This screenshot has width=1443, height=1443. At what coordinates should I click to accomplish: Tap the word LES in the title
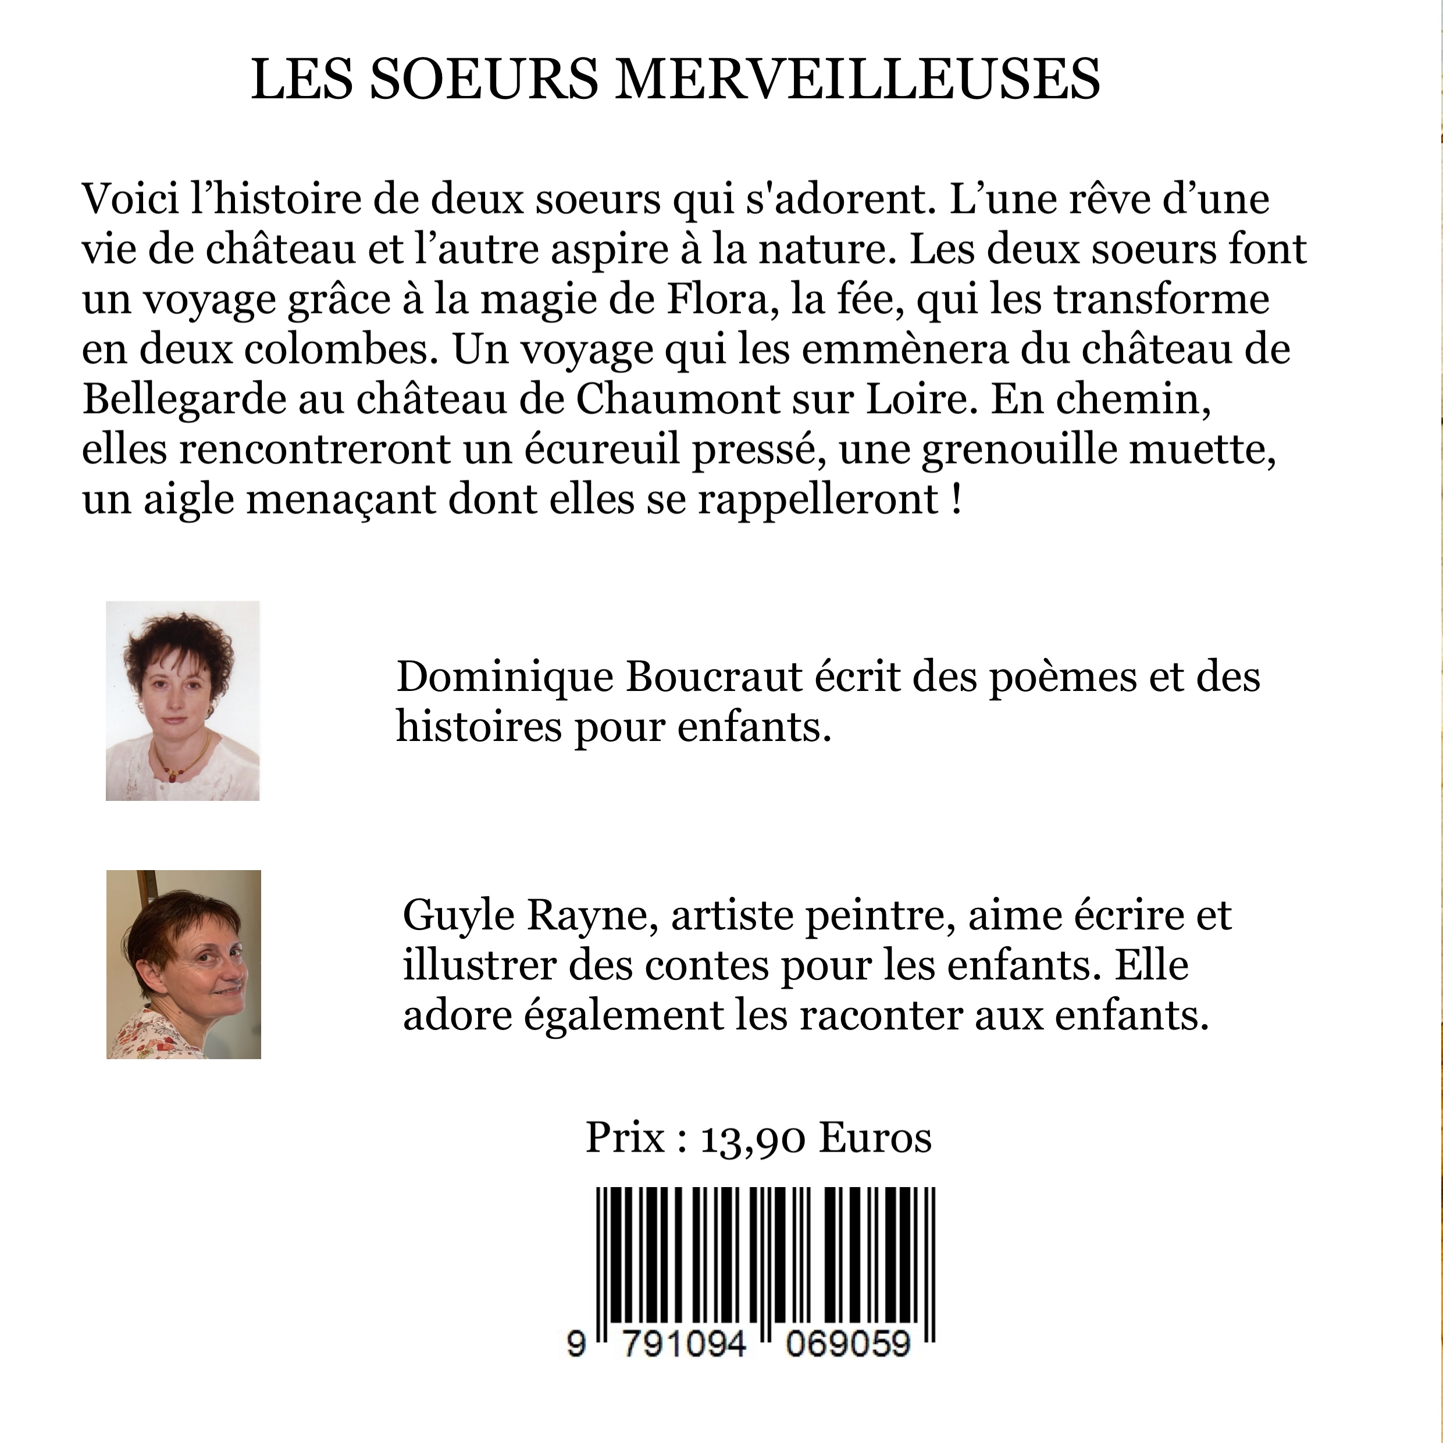coord(302,79)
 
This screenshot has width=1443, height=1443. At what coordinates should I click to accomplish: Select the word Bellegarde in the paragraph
coord(184,400)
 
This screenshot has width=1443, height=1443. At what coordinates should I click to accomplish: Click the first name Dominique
coord(505,676)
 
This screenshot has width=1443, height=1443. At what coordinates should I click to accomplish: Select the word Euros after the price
coord(875,1138)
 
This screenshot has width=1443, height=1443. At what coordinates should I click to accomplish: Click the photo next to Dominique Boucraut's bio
coord(183,701)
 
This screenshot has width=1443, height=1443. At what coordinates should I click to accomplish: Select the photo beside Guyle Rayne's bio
coord(184,964)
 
